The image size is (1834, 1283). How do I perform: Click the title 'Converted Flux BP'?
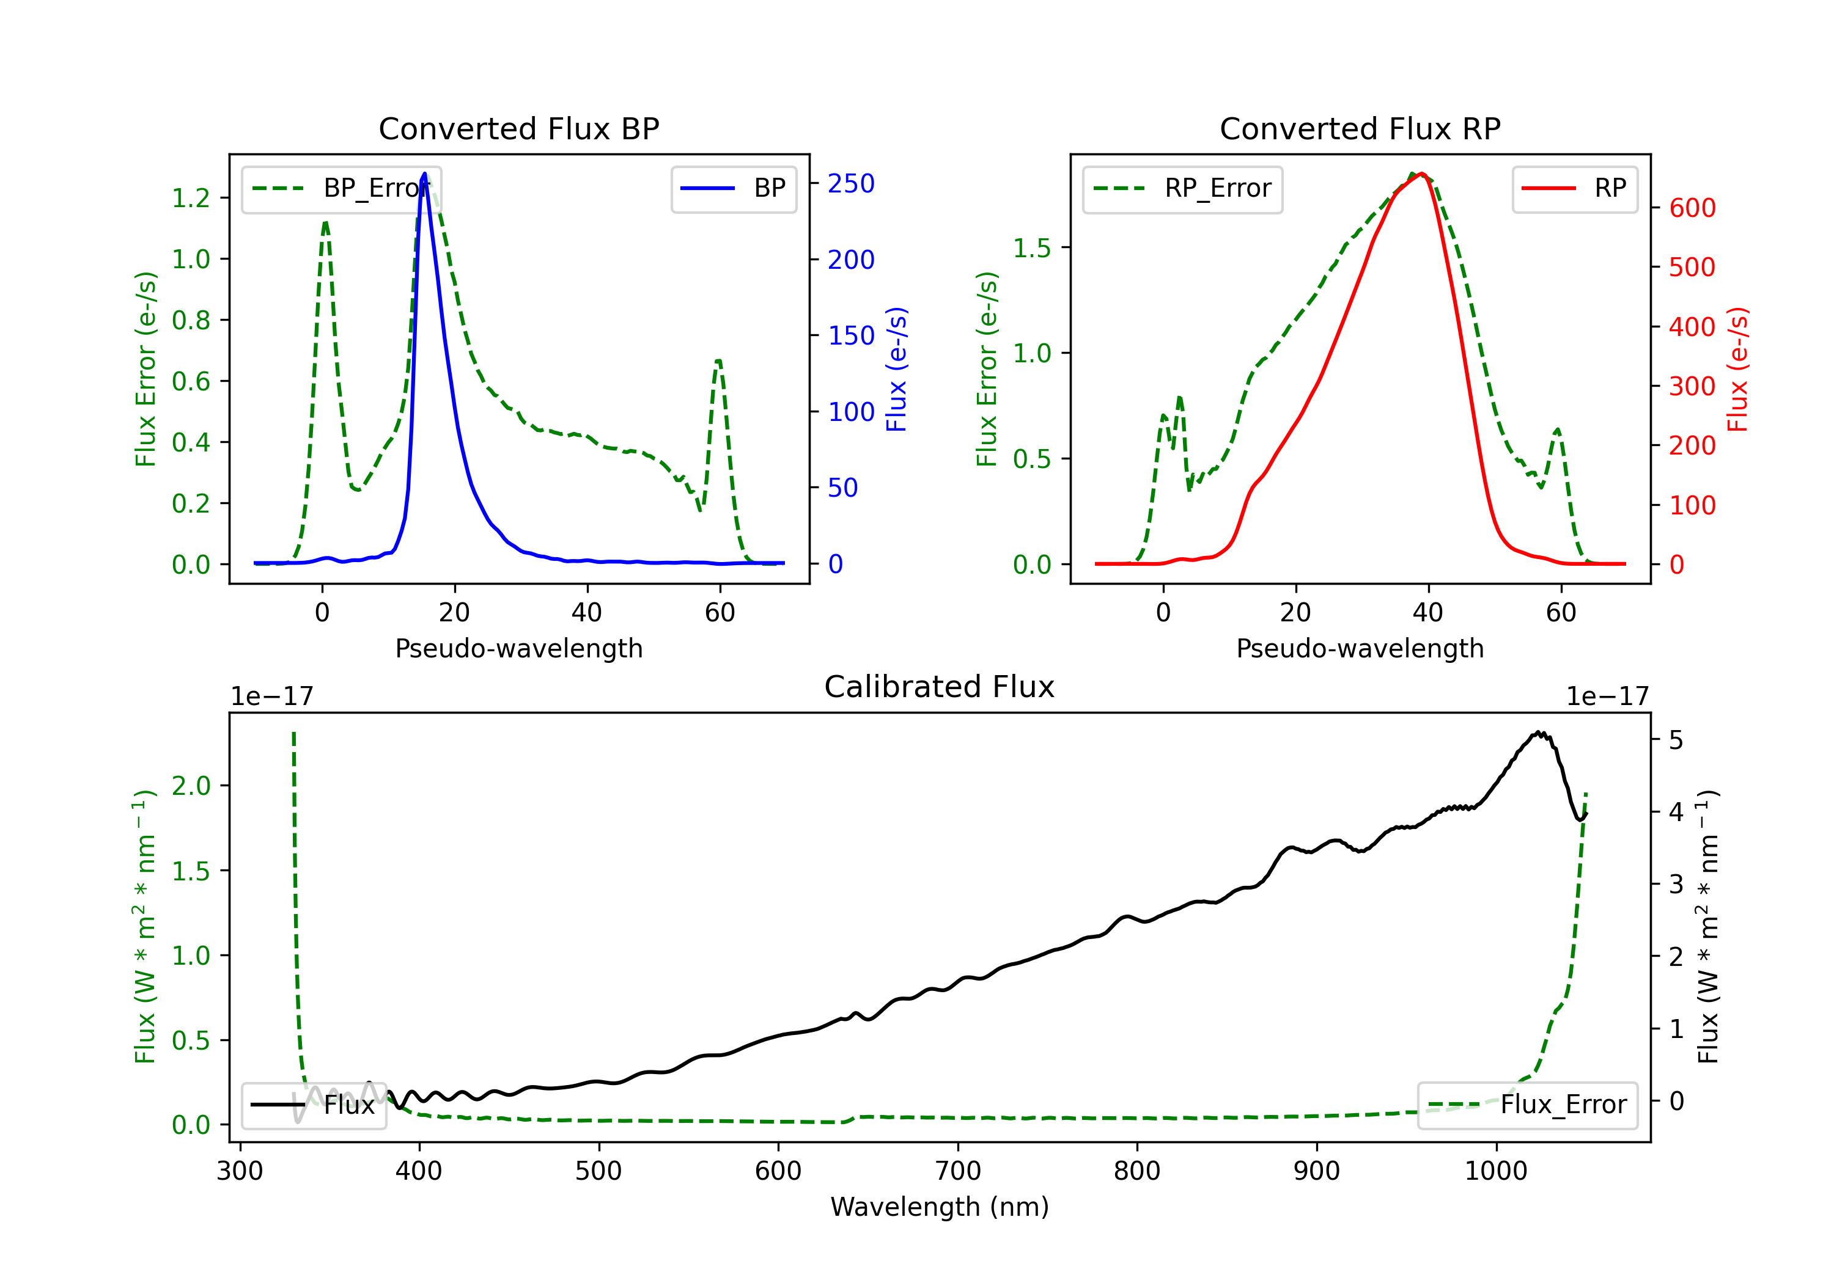[x=519, y=128]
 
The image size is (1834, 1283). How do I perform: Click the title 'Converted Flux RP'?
[x=1360, y=128]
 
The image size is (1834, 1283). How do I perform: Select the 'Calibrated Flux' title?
[x=940, y=687]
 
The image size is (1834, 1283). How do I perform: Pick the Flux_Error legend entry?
[x=1527, y=1105]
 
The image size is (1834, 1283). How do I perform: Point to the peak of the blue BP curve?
[x=424, y=174]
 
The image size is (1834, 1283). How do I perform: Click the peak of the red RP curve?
[x=1422, y=174]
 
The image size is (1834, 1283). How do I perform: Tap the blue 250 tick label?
[x=851, y=184]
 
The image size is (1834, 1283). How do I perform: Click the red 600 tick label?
[x=1692, y=208]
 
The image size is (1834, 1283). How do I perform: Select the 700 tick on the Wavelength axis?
[x=958, y=1171]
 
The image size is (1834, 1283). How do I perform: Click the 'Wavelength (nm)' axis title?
[x=940, y=1207]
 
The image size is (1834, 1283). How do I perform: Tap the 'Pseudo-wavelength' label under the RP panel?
[x=1360, y=648]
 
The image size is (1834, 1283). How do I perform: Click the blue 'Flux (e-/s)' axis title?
[x=897, y=369]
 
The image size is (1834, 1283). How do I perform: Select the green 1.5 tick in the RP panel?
[x=1032, y=248]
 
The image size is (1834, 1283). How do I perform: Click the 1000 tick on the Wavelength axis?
[x=1496, y=1171]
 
